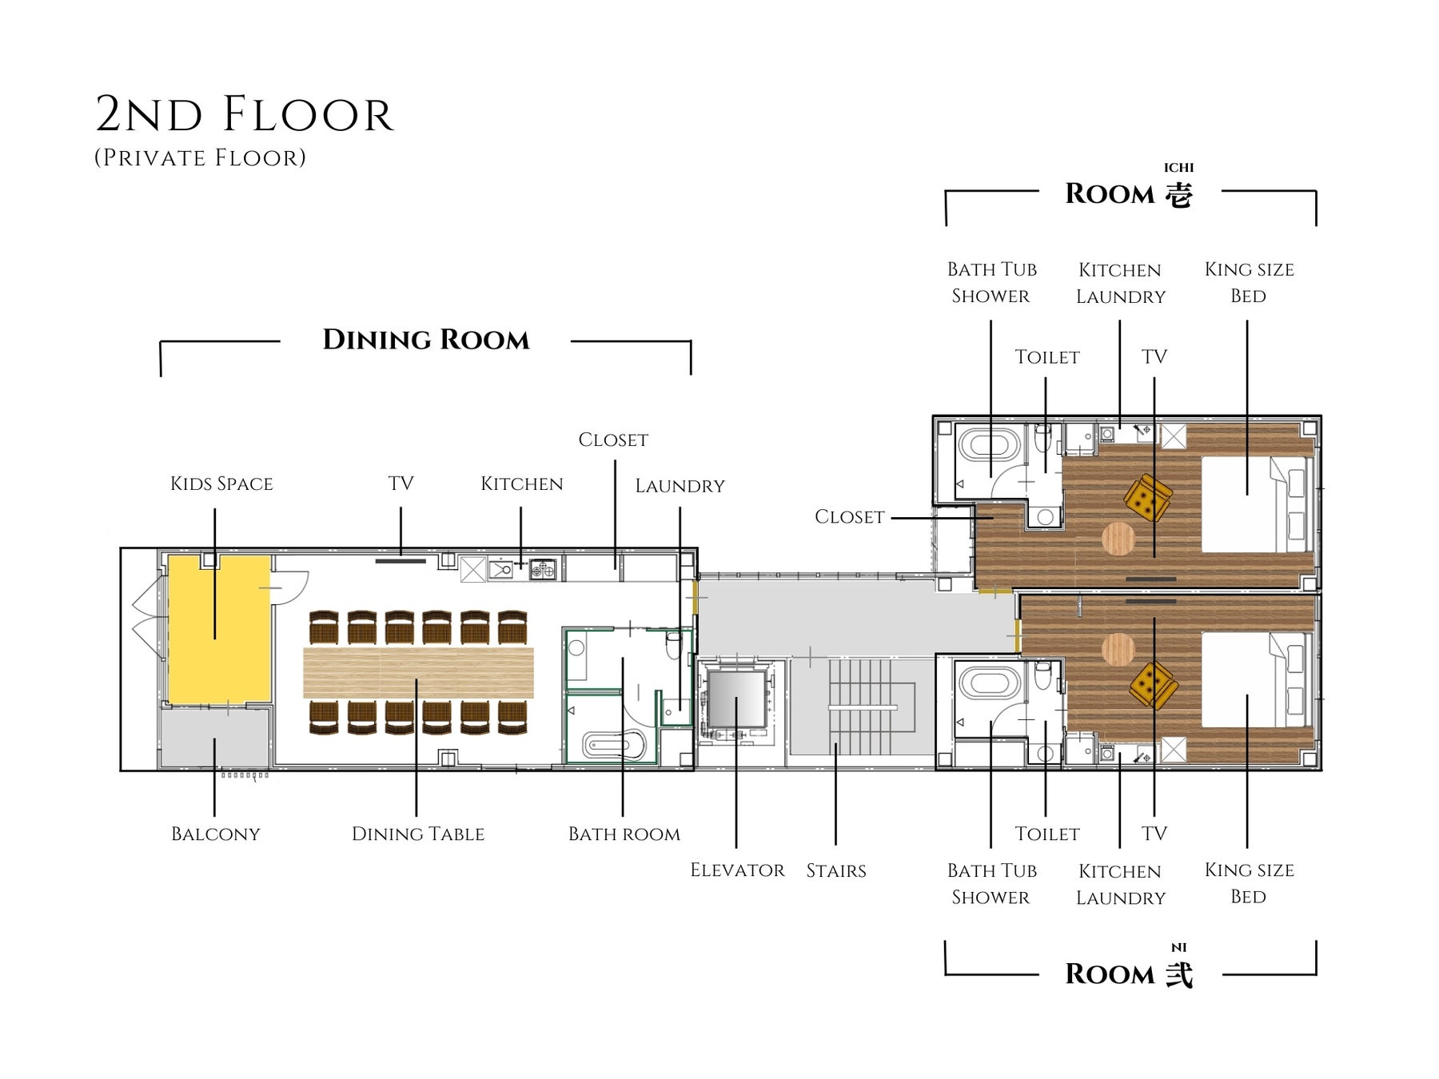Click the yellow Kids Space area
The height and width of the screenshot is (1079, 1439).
[218, 629]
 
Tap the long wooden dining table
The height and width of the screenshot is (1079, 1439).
[418, 672]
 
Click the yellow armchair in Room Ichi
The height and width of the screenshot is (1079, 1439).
[1148, 498]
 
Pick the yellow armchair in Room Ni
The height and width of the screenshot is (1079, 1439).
[1153, 685]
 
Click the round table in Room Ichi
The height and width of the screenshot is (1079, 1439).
[1118, 539]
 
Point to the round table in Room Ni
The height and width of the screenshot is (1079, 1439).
[1118, 649]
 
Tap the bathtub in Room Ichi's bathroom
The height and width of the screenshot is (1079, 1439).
[990, 444]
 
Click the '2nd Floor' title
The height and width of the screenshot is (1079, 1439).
[245, 114]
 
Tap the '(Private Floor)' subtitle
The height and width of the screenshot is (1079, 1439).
[200, 157]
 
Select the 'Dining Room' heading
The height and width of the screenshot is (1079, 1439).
[426, 340]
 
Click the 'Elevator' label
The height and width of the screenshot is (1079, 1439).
[737, 870]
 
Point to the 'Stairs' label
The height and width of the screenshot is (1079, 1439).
[836, 870]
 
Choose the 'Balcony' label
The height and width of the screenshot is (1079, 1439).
[216, 834]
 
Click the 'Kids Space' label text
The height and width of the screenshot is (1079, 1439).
[221, 484]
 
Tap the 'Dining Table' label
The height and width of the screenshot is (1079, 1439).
[418, 834]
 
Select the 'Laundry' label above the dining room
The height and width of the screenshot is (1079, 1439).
[680, 486]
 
